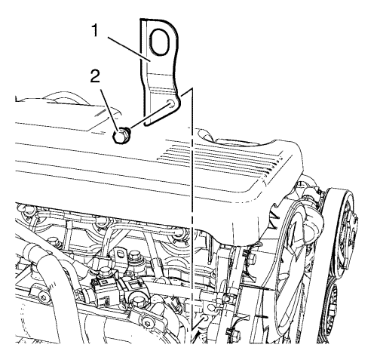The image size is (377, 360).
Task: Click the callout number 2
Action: [95, 75]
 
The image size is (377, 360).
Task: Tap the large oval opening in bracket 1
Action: [158, 42]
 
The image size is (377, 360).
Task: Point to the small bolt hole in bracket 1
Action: [171, 103]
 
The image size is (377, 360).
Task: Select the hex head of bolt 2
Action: [120, 136]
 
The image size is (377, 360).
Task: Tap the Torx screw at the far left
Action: [42, 297]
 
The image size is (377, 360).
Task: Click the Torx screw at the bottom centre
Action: [146, 322]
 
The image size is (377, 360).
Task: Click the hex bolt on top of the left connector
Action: [104, 272]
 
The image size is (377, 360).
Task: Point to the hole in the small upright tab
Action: [121, 255]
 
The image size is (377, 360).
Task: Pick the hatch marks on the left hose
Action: [51, 285]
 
